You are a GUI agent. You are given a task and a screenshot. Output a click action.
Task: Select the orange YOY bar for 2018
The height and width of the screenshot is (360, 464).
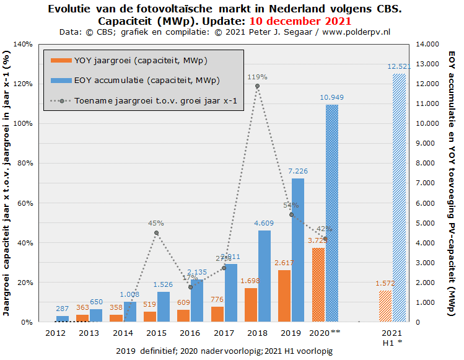(x=251, y=305)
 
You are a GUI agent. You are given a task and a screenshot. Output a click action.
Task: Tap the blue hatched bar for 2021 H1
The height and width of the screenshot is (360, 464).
(x=400, y=198)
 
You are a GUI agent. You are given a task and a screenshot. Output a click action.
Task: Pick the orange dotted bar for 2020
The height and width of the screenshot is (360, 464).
(x=318, y=285)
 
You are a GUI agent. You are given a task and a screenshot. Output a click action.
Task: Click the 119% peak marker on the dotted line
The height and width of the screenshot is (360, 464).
(x=257, y=86)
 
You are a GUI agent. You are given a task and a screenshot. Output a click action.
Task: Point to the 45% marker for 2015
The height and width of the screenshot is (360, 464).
(x=156, y=233)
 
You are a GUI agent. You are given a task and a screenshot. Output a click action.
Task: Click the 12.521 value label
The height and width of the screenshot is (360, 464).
(x=400, y=66)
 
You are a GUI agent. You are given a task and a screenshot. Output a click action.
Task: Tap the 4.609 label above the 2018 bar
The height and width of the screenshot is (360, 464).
(x=265, y=223)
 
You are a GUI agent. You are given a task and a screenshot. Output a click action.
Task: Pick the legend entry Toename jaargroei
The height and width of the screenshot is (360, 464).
(x=155, y=100)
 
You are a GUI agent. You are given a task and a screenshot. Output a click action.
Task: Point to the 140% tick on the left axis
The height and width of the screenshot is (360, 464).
(x=23, y=44)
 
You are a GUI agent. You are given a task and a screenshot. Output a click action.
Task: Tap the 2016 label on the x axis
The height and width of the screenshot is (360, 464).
(x=189, y=333)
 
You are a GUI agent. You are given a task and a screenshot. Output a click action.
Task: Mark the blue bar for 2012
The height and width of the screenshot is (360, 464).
(x=63, y=319)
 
